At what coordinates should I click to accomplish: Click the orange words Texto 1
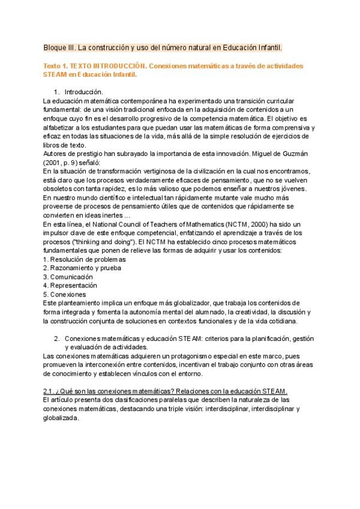pos(57,66)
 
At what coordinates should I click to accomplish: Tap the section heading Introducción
pos(83,92)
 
